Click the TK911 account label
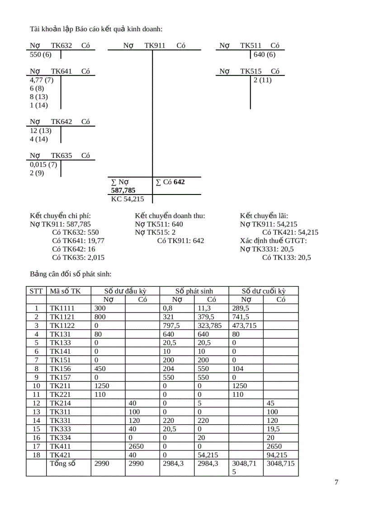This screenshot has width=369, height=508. coord(155,46)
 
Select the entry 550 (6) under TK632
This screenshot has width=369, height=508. coord(41,55)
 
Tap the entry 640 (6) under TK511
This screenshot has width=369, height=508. coord(265,55)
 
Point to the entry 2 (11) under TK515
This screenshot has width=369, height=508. coord(262,80)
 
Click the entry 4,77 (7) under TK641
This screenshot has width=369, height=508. coord(42,80)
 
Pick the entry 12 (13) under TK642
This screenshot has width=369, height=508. coord(41,131)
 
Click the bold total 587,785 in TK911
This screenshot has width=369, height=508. coord(123,190)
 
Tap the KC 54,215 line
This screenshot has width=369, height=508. coord(128,199)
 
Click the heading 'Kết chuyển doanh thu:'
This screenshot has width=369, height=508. coord(170,215)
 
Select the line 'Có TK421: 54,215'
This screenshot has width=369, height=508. coord(290,233)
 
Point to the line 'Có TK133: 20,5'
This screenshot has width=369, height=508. coord(286,258)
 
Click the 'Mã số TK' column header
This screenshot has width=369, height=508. coord(65,291)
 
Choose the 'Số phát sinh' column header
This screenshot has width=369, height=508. coord(194,291)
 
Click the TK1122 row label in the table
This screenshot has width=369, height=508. coord(62,325)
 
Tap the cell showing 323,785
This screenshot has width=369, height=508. coord(210,325)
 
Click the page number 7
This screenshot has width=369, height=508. coord(336,482)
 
